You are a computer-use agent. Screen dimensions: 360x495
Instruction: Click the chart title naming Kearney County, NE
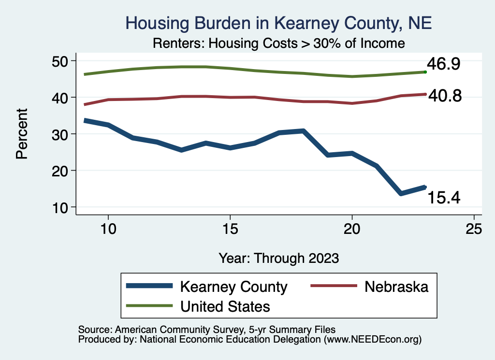278,23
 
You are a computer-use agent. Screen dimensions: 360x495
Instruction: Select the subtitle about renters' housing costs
278,43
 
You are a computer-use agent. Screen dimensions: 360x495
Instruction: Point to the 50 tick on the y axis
61,61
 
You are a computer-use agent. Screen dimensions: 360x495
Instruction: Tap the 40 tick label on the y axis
61,98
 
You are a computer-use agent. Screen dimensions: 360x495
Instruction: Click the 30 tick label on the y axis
61,134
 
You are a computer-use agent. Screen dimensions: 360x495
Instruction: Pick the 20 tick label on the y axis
61,171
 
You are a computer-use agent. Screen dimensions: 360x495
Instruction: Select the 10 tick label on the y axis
61,207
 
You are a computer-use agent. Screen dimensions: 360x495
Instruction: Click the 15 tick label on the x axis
230,229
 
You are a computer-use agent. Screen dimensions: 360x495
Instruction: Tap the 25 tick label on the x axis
474,229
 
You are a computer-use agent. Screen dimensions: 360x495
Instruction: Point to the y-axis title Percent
22,134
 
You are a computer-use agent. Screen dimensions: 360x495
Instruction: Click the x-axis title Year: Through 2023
278,258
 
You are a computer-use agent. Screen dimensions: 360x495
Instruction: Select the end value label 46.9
443,64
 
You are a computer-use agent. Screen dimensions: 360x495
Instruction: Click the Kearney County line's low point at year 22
401,193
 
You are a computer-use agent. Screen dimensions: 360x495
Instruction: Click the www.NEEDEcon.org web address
372,339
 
